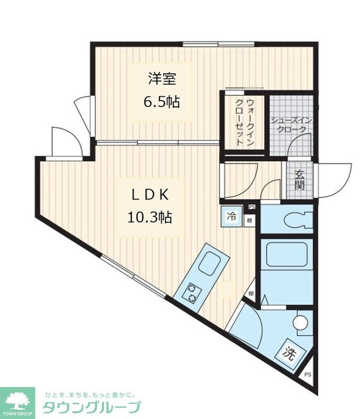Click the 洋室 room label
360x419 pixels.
tap(162, 79)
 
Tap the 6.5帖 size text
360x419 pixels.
tap(162, 101)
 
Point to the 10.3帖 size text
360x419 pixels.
tap(150, 216)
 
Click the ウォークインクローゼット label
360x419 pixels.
tap(244, 122)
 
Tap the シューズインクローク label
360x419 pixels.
tap(291, 124)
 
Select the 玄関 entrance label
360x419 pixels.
tap(299, 180)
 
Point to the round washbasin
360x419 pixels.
tap(302, 322)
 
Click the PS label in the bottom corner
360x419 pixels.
tap(308, 374)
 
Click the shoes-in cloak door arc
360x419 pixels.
tap(300, 145)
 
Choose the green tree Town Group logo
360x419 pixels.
tap(17, 402)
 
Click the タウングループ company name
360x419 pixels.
tap(91, 407)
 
